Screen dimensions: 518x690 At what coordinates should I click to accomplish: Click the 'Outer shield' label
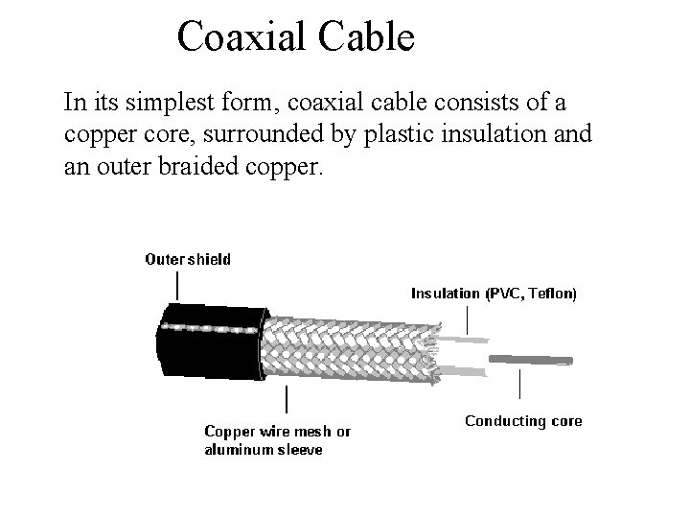pyautogui.click(x=188, y=259)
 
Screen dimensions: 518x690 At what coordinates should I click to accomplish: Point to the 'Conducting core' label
pyautogui.click(x=523, y=421)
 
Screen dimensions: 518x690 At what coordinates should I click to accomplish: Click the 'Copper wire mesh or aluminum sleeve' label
pyautogui.click(x=277, y=440)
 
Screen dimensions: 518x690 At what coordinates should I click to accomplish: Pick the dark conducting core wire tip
pyautogui.click(x=532, y=360)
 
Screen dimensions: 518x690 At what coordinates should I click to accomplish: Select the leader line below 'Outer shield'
pyautogui.click(x=177, y=285)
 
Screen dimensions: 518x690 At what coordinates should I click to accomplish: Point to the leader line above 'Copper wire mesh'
pyautogui.click(x=287, y=401)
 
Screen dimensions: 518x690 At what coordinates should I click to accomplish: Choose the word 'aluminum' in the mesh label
pyautogui.click(x=239, y=450)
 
